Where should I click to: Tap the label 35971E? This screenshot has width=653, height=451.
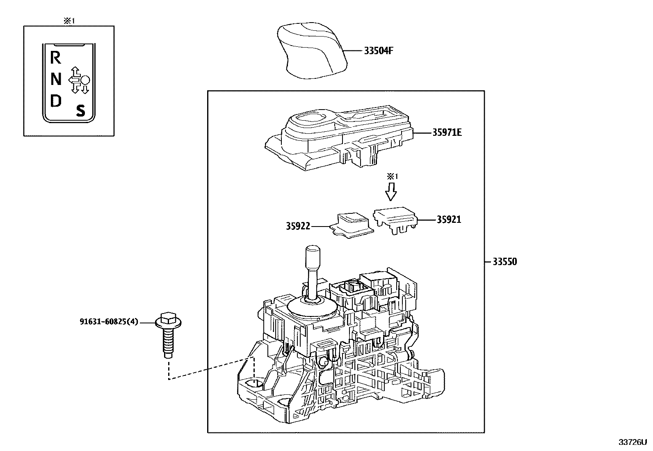click(x=447, y=133)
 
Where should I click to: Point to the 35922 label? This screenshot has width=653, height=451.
click(x=298, y=226)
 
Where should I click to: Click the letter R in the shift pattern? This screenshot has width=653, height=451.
click(x=55, y=58)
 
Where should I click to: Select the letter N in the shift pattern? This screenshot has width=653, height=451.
click(x=56, y=79)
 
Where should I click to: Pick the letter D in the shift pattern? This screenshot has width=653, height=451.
click(x=55, y=101)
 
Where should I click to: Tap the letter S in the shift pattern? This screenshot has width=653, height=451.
click(x=81, y=110)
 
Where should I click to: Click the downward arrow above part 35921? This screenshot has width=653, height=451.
click(x=391, y=191)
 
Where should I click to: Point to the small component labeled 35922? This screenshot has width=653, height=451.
click(x=352, y=225)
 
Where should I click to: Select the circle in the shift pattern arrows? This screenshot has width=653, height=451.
click(x=85, y=80)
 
